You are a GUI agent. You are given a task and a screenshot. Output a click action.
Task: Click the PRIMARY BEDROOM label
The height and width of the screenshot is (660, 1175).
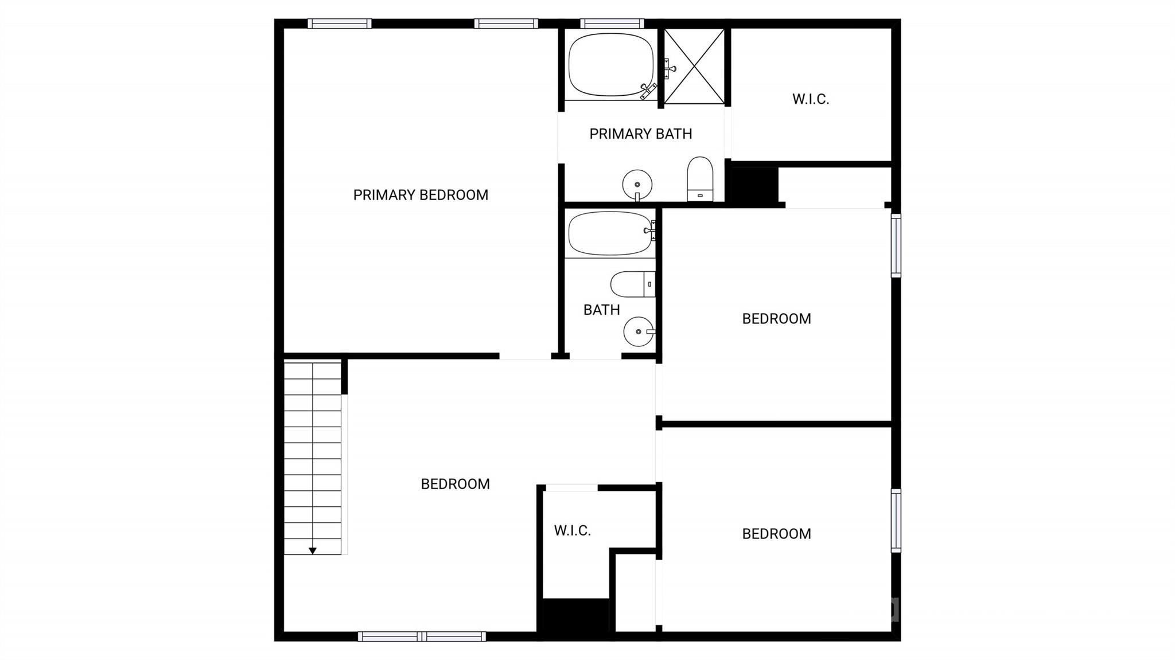coord(421,195)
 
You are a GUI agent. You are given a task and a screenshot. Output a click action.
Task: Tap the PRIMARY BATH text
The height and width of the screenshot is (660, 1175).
coord(640,134)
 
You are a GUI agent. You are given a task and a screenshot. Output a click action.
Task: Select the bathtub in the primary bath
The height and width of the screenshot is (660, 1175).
coord(611,64)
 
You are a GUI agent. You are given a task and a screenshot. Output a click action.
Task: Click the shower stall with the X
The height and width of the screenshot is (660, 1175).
coord(694,67)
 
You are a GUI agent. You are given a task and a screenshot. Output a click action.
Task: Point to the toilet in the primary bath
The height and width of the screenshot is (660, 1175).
coord(700,179)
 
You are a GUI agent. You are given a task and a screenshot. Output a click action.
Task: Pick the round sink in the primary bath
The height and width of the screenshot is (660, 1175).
coord(637,185)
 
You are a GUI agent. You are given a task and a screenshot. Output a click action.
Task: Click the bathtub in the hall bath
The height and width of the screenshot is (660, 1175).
coord(610,233)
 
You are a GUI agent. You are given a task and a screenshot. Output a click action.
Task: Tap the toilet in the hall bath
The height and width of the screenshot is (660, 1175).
coord(633,284)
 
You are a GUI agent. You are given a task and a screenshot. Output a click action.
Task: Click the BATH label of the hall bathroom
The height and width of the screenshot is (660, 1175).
coord(601,310)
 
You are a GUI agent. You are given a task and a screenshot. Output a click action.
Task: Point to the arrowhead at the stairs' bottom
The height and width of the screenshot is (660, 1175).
coord(313,551)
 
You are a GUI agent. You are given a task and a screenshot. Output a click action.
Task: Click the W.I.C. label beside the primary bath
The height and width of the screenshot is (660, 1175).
coord(811,99)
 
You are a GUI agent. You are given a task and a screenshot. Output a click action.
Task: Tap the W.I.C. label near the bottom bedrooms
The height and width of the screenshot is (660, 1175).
coord(572,530)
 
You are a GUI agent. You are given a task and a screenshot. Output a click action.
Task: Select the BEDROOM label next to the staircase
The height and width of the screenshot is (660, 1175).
coord(455,484)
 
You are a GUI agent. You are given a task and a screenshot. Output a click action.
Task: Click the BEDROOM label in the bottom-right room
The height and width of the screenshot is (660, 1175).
coord(776,534)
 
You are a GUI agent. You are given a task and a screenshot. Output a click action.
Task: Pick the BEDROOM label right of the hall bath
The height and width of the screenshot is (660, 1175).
coord(776,319)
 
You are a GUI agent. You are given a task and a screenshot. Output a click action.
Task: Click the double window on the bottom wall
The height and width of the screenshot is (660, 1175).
coord(422,636)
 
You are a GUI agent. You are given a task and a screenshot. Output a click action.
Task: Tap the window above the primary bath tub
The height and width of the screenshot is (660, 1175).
coord(612,24)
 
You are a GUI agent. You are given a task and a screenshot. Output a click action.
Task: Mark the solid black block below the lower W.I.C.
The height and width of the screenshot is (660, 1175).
coord(575,616)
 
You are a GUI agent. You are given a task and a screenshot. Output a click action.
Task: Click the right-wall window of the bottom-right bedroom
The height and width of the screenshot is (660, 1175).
coord(896,521)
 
